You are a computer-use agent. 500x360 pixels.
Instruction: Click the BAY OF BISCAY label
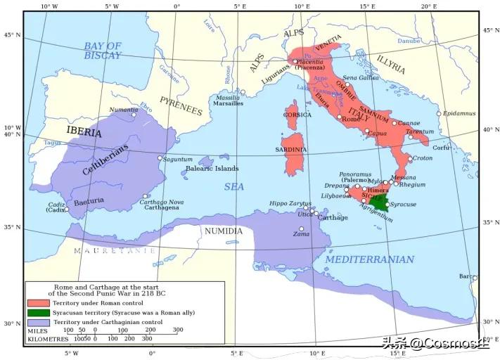point(103,51)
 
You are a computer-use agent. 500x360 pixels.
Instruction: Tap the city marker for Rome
point(339,117)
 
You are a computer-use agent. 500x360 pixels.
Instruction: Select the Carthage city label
point(333,218)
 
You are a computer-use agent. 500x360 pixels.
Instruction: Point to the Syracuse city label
point(404,205)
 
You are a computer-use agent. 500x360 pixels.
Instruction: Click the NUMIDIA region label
point(223,231)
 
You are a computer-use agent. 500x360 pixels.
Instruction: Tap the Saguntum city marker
point(160,158)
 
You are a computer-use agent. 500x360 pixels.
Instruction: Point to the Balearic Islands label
point(212,169)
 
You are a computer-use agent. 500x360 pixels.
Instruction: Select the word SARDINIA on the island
point(294,150)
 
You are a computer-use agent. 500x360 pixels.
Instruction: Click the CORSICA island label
point(297,115)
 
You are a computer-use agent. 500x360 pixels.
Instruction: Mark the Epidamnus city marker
point(439,114)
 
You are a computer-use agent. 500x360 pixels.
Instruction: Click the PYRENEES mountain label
point(181,106)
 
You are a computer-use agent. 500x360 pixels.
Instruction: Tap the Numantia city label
point(123,110)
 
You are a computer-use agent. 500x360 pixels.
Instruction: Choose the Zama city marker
point(302,229)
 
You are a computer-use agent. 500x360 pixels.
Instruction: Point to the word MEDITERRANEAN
point(370,259)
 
